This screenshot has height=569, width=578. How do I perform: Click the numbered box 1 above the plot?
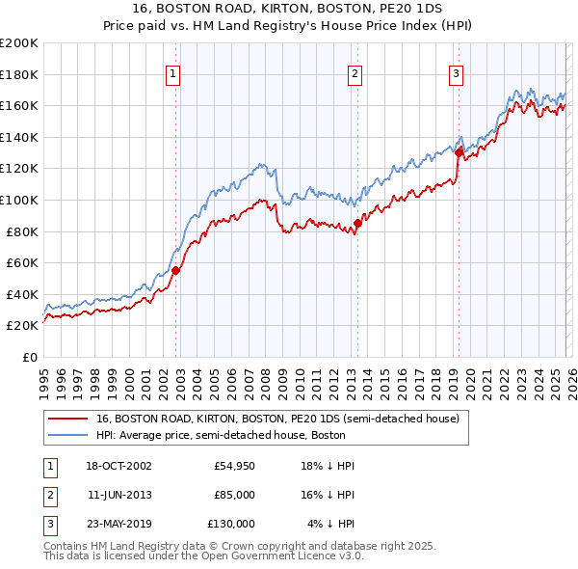[173, 73]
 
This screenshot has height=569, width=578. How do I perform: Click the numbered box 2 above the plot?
[355, 73]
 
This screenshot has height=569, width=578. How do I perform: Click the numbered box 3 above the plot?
[456, 73]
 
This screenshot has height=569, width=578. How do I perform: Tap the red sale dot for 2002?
[176, 271]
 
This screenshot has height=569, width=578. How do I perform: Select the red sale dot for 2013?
[357, 224]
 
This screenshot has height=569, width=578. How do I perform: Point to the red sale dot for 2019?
[459, 152]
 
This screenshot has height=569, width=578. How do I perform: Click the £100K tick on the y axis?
[18, 200]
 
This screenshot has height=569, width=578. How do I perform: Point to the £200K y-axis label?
[18, 43]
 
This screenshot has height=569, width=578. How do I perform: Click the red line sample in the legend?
[69, 420]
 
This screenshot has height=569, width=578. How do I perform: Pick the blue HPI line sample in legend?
[69, 435]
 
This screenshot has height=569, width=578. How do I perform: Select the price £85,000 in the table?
[234, 495]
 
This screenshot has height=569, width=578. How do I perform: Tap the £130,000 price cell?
[230, 524]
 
